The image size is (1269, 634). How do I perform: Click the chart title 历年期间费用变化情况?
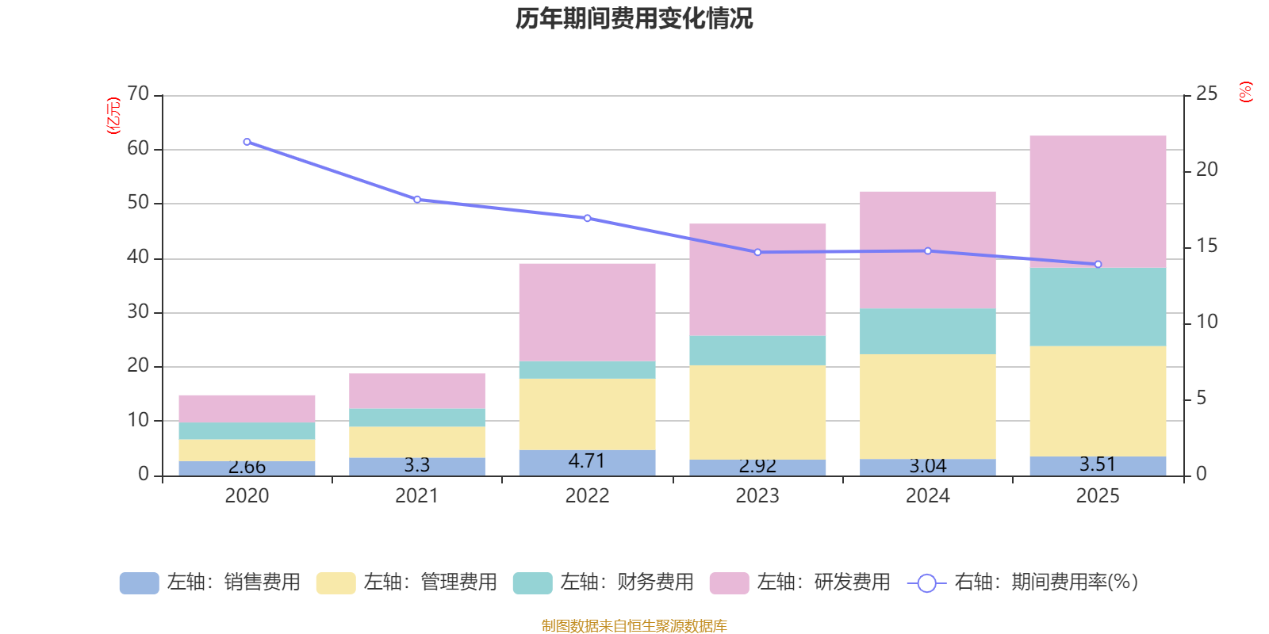[x=634, y=18]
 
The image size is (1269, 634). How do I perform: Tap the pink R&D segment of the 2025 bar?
[x=1098, y=201]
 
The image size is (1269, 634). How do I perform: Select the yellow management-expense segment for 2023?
[x=757, y=412]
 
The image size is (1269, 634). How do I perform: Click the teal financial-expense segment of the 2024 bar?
[x=928, y=331]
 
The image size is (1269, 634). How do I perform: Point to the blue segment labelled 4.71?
[x=587, y=462]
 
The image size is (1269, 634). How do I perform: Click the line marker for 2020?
[x=247, y=142]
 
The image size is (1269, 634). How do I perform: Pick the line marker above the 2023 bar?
[x=757, y=252]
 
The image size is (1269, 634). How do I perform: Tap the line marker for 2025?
[x=1098, y=264]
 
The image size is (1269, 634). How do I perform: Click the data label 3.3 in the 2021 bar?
[x=416, y=465]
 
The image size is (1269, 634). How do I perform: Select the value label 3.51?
[x=1098, y=464]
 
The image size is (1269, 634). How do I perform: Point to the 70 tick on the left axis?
[x=138, y=94]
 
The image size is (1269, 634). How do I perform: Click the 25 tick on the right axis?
[x=1206, y=94]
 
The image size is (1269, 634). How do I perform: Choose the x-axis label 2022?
[x=587, y=496]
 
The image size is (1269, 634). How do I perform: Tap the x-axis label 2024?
[x=928, y=496]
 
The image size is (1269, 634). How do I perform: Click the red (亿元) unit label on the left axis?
[x=113, y=116]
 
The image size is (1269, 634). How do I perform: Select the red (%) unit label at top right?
[x=1245, y=92]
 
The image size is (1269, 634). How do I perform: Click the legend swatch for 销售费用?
[x=139, y=583]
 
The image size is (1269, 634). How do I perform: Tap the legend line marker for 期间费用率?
[x=926, y=583]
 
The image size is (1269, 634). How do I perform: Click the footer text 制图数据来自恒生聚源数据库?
[x=634, y=626]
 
